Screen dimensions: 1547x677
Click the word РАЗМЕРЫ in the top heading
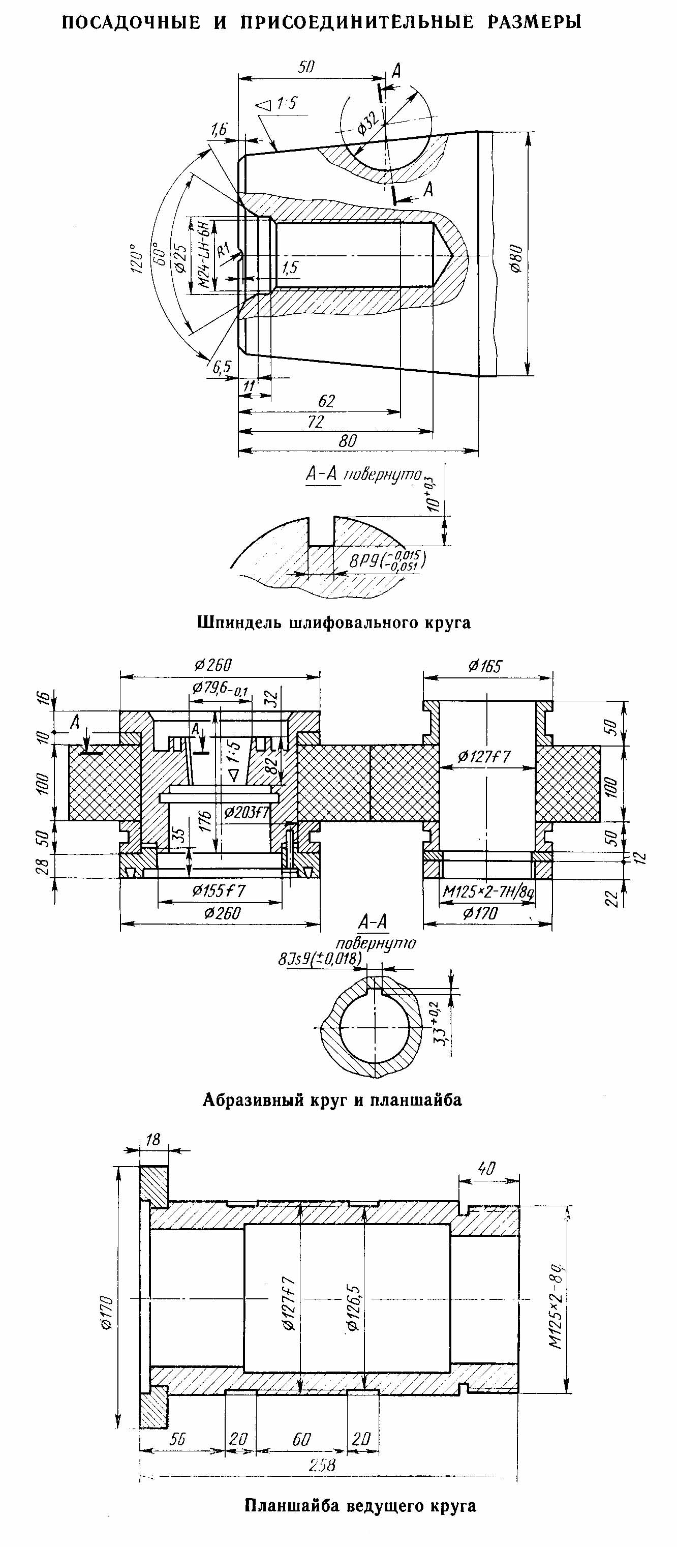click(x=534, y=23)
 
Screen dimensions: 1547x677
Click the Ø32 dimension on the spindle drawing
click(x=368, y=123)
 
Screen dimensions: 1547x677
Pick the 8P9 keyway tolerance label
click(x=387, y=561)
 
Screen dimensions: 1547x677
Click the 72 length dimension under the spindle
click(x=316, y=422)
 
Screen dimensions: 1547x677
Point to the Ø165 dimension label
click(x=485, y=666)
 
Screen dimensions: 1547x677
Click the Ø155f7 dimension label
click(x=219, y=890)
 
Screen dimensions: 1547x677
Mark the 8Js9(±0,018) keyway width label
click(x=319, y=959)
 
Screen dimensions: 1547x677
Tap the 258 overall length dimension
click(x=322, y=1465)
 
